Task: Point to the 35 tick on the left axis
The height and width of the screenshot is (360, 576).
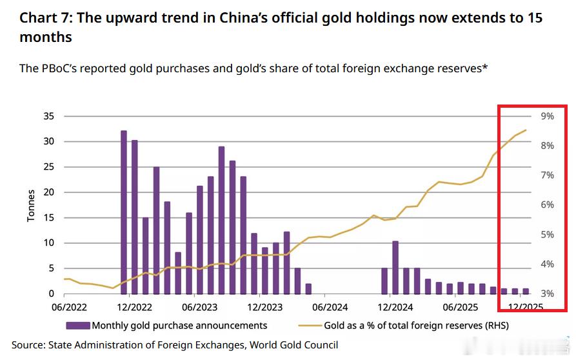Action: (50, 116)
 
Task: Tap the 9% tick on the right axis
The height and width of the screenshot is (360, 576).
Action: (530, 116)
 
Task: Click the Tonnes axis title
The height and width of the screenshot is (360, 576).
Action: (31, 205)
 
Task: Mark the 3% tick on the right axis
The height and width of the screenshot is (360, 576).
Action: (530, 294)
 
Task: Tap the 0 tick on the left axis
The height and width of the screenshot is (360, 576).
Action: (52, 294)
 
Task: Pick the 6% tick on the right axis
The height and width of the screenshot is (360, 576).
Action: (530, 205)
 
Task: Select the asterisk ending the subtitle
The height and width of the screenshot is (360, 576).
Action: (484, 66)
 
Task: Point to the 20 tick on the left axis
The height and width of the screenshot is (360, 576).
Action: (50, 192)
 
